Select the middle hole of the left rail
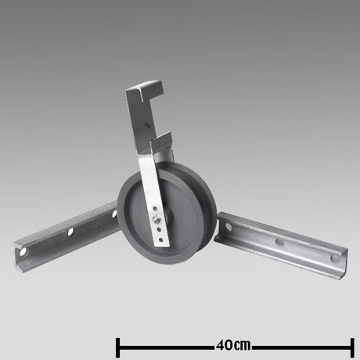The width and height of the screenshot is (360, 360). pyautogui.click(x=71, y=232)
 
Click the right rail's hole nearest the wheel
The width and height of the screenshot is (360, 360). pyautogui.click(x=229, y=226)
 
